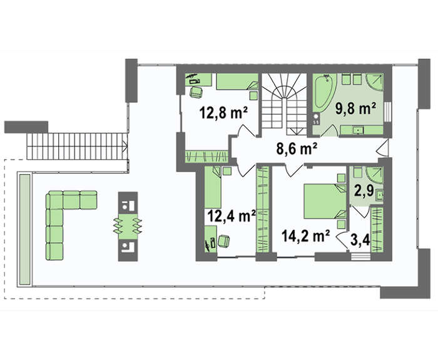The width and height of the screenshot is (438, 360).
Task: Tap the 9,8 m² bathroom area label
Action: (355, 108)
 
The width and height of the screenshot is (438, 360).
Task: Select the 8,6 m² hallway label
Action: (297, 148)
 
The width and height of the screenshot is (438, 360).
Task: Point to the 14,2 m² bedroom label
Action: (306, 235)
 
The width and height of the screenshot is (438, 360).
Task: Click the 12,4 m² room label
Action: (232, 215)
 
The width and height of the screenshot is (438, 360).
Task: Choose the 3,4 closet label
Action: (360, 240)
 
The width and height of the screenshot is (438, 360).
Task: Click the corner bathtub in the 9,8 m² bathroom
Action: (323, 93)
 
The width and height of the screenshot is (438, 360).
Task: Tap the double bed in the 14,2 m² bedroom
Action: (325, 201)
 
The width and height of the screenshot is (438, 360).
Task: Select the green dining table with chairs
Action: (128, 226)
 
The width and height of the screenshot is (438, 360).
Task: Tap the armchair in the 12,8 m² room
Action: (196, 92)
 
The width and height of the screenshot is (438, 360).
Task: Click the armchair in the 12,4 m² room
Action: (224, 241)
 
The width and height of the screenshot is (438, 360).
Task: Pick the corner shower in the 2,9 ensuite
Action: (375, 175)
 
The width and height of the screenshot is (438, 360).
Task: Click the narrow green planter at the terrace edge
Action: (24, 229)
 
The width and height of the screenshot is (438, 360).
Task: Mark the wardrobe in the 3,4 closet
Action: (377, 230)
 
